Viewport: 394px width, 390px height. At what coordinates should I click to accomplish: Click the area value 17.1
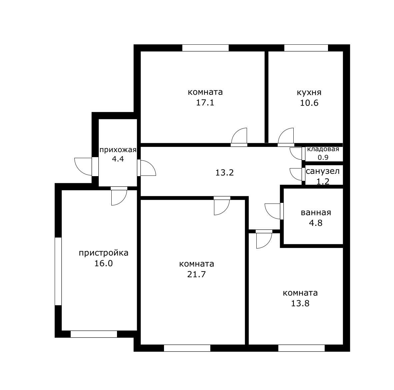coord(205,103)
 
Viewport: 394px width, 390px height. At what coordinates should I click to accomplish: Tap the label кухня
coord(309,92)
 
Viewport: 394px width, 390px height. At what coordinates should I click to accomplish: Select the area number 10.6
coord(309,103)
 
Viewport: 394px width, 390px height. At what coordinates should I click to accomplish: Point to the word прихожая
coord(118,150)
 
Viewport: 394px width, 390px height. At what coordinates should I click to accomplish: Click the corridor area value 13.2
coord(224,172)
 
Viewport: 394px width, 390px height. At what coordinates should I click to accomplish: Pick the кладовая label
coord(323,149)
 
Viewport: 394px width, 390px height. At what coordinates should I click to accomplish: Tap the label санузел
coord(323,171)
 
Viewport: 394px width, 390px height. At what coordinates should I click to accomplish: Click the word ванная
coord(316,213)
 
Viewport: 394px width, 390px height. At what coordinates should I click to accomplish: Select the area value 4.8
coord(316,223)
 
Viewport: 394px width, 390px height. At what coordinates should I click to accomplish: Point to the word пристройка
coord(104,253)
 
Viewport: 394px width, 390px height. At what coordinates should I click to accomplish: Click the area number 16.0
coord(104,263)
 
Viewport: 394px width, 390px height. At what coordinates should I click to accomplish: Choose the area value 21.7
coord(196,274)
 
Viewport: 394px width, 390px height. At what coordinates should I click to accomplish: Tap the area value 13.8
coord(300,303)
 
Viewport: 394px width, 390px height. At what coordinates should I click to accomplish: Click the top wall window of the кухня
coord(306,48)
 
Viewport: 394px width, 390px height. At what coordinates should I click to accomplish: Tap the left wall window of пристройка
coord(58,271)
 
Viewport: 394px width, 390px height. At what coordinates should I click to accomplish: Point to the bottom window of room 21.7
coord(187,348)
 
